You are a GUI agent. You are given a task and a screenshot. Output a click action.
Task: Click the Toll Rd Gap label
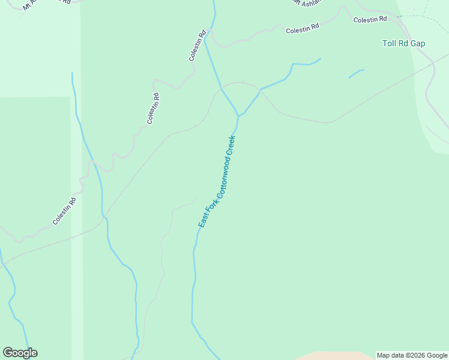click(403, 43)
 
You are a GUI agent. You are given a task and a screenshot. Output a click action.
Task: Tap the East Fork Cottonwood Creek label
click(217, 182)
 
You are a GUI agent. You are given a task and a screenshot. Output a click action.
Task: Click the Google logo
click(20, 353)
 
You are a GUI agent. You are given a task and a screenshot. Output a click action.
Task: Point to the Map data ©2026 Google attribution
click(412, 355)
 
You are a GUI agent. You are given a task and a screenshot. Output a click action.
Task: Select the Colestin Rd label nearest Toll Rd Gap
click(370, 20)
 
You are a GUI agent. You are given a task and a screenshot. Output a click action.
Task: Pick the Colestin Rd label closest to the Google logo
click(64, 211)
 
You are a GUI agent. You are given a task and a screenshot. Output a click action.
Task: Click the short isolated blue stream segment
click(356, 74)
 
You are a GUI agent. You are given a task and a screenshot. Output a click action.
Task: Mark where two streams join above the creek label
click(238, 115)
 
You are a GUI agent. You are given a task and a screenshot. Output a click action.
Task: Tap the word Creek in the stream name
click(232, 146)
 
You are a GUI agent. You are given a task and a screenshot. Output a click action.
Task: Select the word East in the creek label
click(202, 221)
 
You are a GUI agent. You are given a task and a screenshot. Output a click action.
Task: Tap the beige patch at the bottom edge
click(336, 356)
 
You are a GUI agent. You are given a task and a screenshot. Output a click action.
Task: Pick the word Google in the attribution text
click(436, 355)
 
